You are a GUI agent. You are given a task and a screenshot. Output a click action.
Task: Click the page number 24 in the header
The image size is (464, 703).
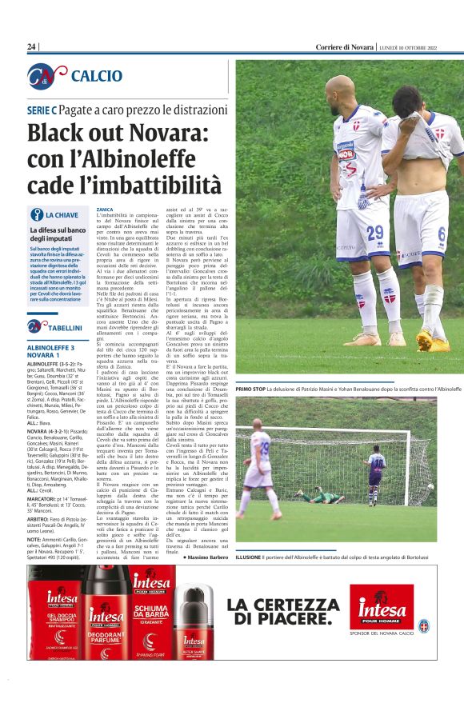click(x=32, y=47)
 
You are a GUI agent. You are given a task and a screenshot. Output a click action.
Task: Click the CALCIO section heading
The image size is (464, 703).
click(x=96, y=76)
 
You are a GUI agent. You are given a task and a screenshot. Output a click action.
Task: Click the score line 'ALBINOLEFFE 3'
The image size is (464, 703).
click(x=51, y=348)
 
